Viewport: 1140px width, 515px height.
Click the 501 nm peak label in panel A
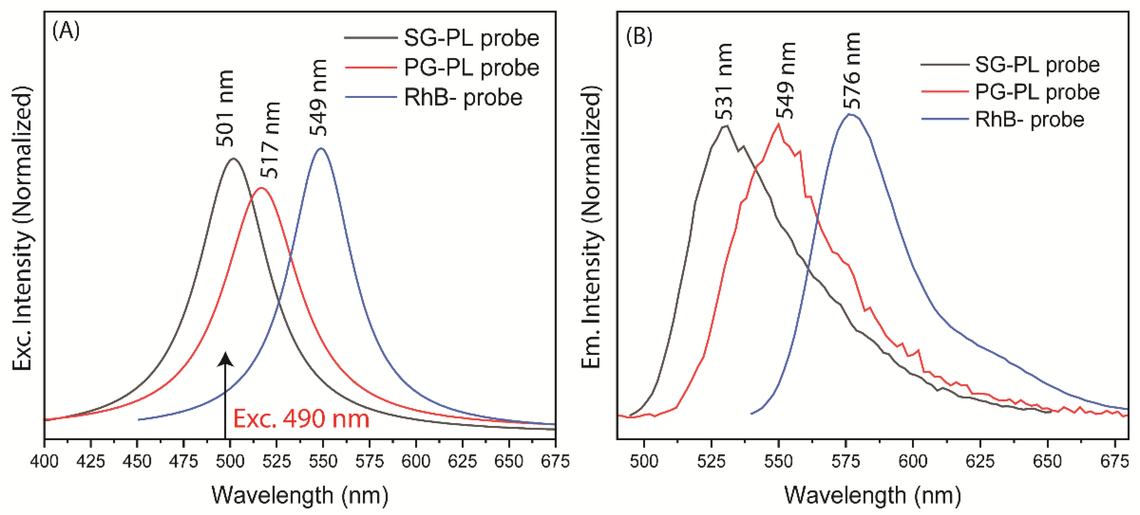point(225,108)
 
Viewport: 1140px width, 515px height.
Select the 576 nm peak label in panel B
point(851,71)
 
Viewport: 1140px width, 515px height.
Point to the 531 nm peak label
point(724,82)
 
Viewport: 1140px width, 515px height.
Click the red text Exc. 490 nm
point(301,419)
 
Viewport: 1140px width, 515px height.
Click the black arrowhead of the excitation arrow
point(226,359)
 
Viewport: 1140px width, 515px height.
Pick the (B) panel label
point(639,37)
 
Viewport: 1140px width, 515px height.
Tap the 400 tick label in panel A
point(44,461)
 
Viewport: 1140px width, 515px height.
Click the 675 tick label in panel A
point(555,461)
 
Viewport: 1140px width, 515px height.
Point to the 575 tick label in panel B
point(846,461)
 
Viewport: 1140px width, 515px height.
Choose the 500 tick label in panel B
point(644,461)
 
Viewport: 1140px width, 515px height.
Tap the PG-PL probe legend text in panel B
point(1037,92)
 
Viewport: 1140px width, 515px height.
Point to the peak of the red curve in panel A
point(261,188)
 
